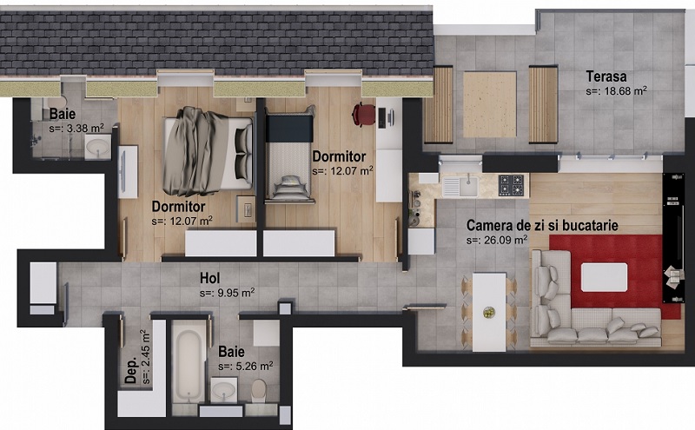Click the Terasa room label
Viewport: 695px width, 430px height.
tap(606, 76)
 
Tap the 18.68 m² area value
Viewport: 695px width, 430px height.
tap(616, 91)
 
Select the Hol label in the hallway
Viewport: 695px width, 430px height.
tap(209, 278)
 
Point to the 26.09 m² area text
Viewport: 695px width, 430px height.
tap(497, 240)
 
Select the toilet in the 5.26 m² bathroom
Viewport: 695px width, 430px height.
tap(259, 391)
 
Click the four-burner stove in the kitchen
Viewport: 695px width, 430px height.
tap(511, 185)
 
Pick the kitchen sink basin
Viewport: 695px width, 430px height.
tap(468, 186)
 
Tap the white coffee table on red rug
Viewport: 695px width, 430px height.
tap(604, 277)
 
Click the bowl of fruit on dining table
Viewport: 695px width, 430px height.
tap(489, 313)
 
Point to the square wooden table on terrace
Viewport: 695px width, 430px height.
tap(490, 104)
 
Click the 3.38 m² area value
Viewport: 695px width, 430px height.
tap(76, 129)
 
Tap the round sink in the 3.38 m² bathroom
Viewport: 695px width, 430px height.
tap(97, 146)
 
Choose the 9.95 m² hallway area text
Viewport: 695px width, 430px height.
tap(227, 293)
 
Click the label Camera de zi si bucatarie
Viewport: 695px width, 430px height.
tap(542, 225)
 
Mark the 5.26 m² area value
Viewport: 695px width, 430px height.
tap(246, 367)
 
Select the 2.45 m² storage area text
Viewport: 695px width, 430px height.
tap(146, 357)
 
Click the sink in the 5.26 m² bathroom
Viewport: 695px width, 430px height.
tap(223, 390)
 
